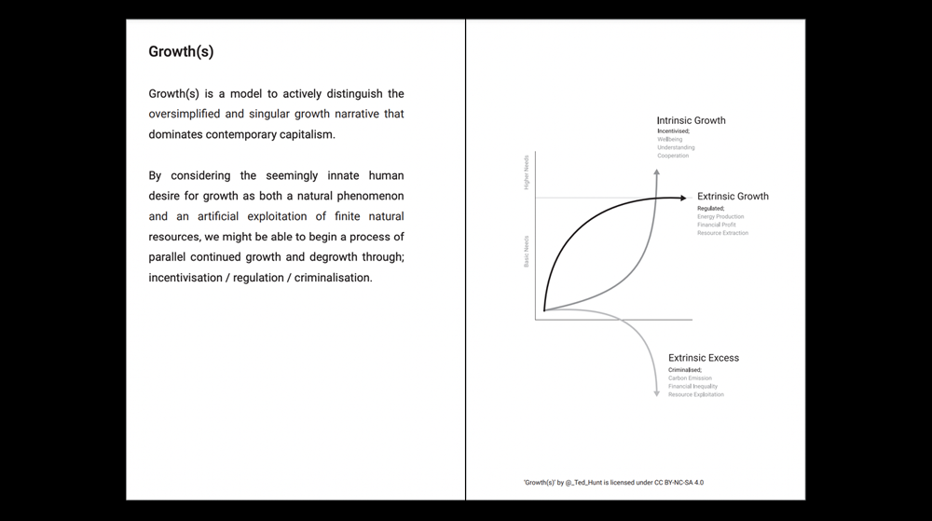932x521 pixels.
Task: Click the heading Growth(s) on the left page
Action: point(181,52)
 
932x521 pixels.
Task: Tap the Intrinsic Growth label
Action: point(691,120)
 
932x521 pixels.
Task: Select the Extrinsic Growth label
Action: point(733,197)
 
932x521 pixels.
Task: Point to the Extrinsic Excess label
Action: point(704,358)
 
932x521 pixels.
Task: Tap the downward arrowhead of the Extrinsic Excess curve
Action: point(656,393)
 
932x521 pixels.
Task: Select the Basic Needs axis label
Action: point(527,251)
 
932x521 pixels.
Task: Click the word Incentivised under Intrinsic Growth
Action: point(673,131)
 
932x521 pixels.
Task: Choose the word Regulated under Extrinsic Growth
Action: point(710,208)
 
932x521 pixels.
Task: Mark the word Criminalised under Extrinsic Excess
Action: point(685,370)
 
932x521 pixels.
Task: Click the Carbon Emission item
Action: point(690,378)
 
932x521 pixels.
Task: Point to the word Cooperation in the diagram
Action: point(673,156)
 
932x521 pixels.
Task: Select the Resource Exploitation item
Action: point(695,394)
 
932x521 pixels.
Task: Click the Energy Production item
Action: point(720,216)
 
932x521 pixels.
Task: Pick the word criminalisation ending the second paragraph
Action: point(333,278)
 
